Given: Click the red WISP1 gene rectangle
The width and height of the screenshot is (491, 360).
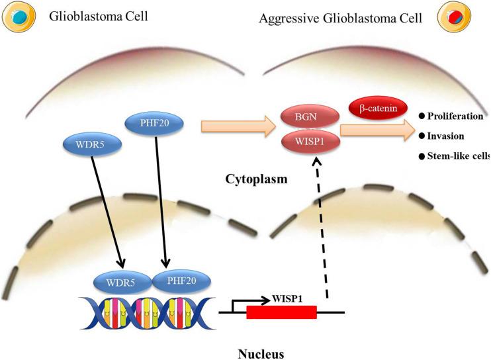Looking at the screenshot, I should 281,312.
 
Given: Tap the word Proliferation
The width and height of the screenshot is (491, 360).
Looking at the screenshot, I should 455,116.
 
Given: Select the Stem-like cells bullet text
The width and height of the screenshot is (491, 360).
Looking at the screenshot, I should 457,156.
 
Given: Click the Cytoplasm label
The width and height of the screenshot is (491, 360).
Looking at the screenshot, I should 252,179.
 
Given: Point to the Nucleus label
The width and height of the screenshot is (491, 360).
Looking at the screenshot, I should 261,353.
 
